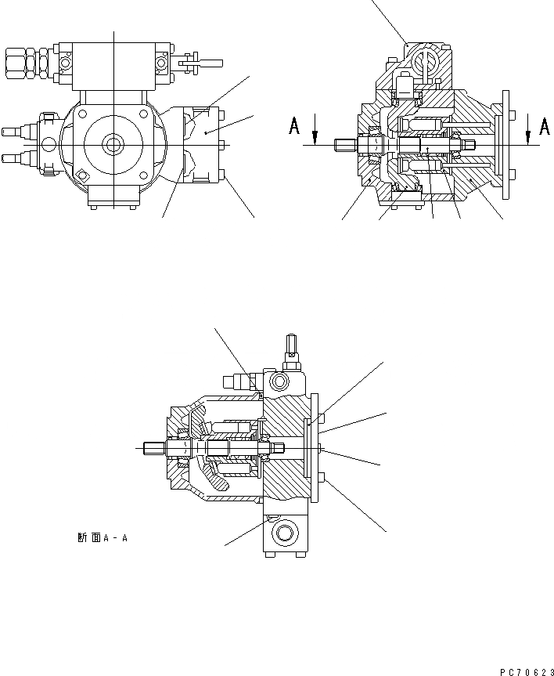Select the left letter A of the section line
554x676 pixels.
pos(294,127)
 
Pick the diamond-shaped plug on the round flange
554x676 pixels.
pos(81,176)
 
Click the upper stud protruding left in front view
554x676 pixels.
pos(10,130)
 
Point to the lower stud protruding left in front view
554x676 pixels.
pos(10,159)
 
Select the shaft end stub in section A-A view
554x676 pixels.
pos(154,449)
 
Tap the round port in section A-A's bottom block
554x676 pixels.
pos(283,536)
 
